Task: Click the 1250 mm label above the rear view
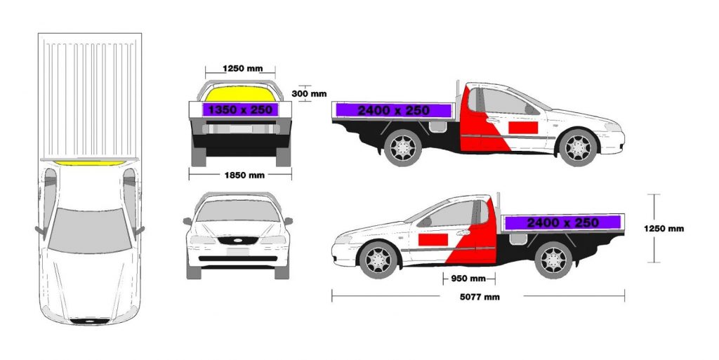[x=242, y=69]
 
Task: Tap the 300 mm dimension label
[x=309, y=94]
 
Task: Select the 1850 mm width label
[x=244, y=175]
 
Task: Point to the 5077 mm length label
[x=480, y=297]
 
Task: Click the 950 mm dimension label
[x=468, y=279]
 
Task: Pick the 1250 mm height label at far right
[x=664, y=229]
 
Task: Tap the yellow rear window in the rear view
[x=240, y=93]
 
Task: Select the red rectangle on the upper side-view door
[x=522, y=128]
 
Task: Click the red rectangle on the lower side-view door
[x=433, y=239]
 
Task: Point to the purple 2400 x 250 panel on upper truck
[x=393, y=110]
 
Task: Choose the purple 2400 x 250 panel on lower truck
[x=562, y=222]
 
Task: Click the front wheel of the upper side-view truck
[x=579, y=147]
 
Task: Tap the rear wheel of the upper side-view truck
[x=402, y=147]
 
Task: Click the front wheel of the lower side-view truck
[x=378, y=260]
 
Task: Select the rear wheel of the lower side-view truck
[x=553, y=260]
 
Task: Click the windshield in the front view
[x=237, y=211]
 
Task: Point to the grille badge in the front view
[x=237, y=240]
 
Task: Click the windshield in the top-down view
[x=89, y=230]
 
